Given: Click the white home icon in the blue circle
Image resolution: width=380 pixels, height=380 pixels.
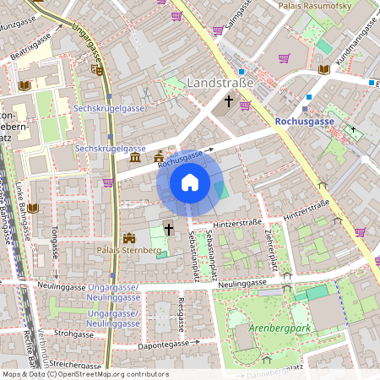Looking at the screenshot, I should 190,182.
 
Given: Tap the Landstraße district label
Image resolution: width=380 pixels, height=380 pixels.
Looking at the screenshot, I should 225,84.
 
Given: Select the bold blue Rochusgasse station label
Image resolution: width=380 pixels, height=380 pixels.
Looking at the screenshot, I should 305,122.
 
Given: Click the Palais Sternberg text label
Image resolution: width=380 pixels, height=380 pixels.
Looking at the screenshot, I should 129,251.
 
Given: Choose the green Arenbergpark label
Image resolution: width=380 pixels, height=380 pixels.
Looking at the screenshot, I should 276,327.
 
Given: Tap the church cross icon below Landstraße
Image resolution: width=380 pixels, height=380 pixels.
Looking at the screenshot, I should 228,101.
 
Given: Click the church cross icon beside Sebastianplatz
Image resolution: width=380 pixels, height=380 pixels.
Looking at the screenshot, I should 168,229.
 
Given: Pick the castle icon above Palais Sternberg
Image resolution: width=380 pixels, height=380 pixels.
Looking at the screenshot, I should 129,238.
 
